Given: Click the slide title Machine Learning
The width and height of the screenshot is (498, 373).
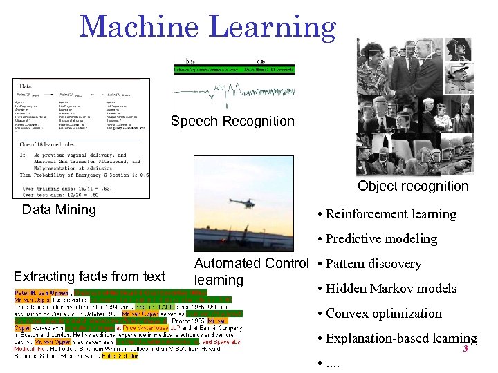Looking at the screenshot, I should click(207, 28).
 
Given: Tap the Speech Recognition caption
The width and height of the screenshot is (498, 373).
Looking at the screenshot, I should click(232, 122).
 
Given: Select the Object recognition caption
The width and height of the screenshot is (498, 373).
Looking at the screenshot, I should click(413, 186).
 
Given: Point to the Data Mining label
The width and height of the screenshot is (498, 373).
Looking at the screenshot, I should click(59, 209).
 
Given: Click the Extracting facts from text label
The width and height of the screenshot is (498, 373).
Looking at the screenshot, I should click(89, 277).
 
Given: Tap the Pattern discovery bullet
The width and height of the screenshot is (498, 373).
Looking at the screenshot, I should click(373, 264).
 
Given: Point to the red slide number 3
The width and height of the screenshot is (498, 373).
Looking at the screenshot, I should click(465, 349).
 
